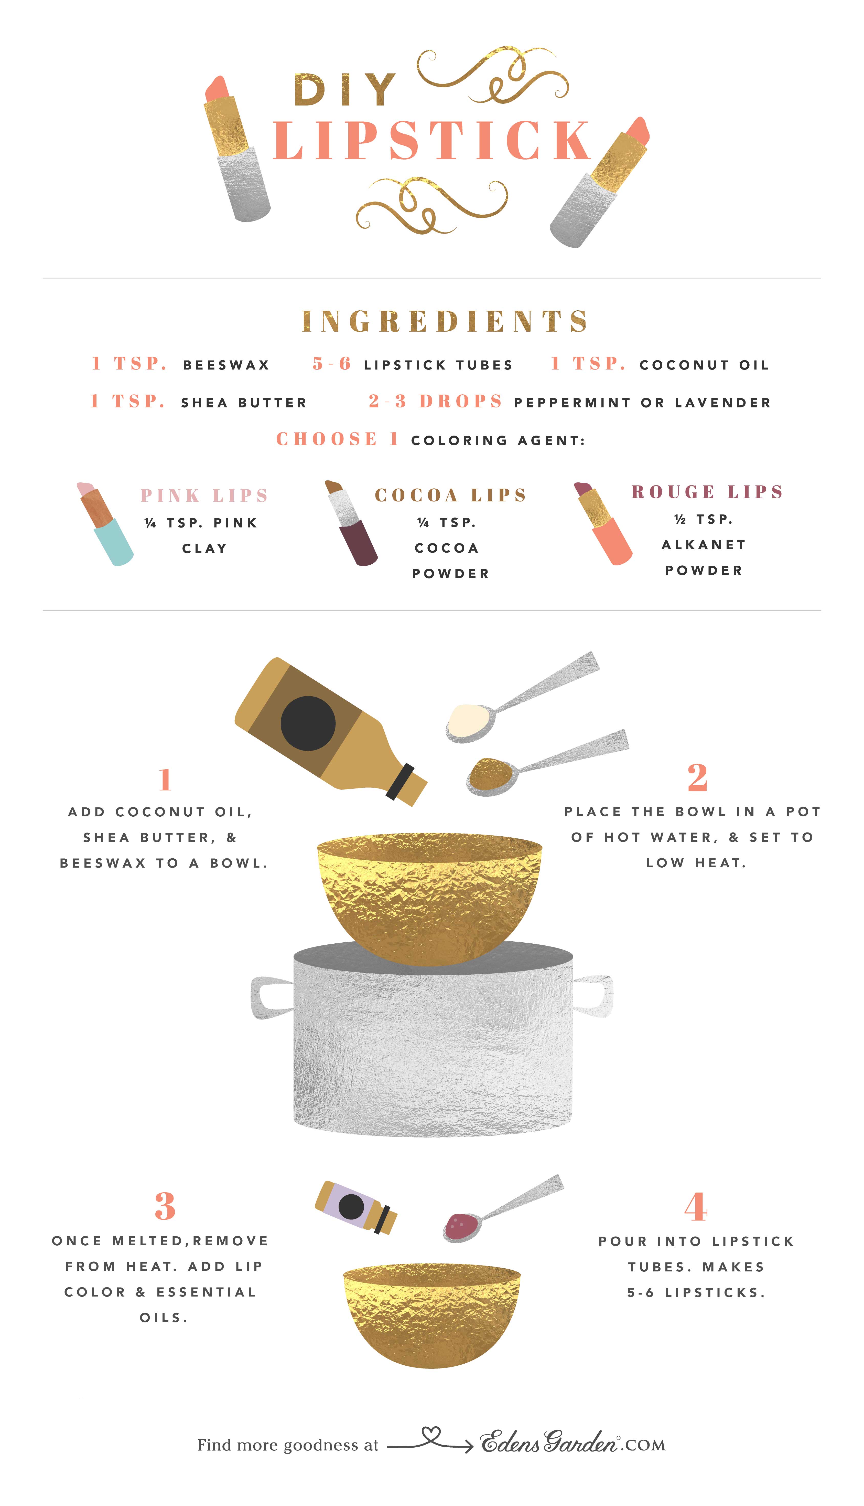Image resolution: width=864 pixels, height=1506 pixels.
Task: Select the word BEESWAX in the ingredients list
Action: point(226,365)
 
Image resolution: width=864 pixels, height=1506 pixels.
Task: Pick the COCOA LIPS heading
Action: point(450,495)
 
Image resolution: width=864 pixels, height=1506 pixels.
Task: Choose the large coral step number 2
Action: point(697,778)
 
